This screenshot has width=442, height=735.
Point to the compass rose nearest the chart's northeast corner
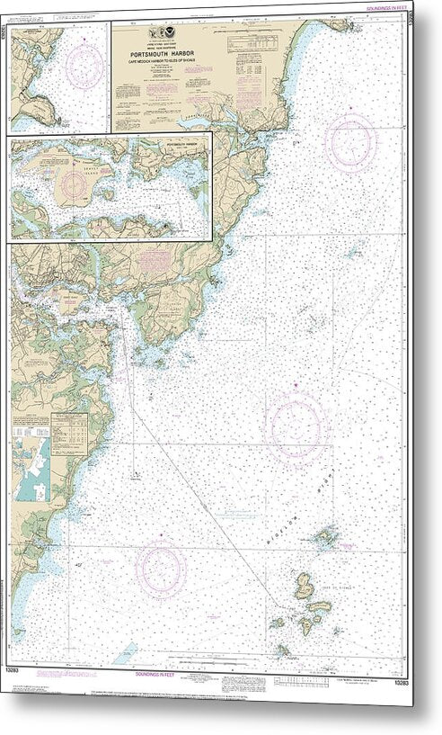pyautogui.click(x=350, y=141)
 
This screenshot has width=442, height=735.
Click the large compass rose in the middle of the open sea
pyautogui.click(x=296, y=426)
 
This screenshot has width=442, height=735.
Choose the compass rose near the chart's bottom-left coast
pyautogui.click(x=161, y=566)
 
